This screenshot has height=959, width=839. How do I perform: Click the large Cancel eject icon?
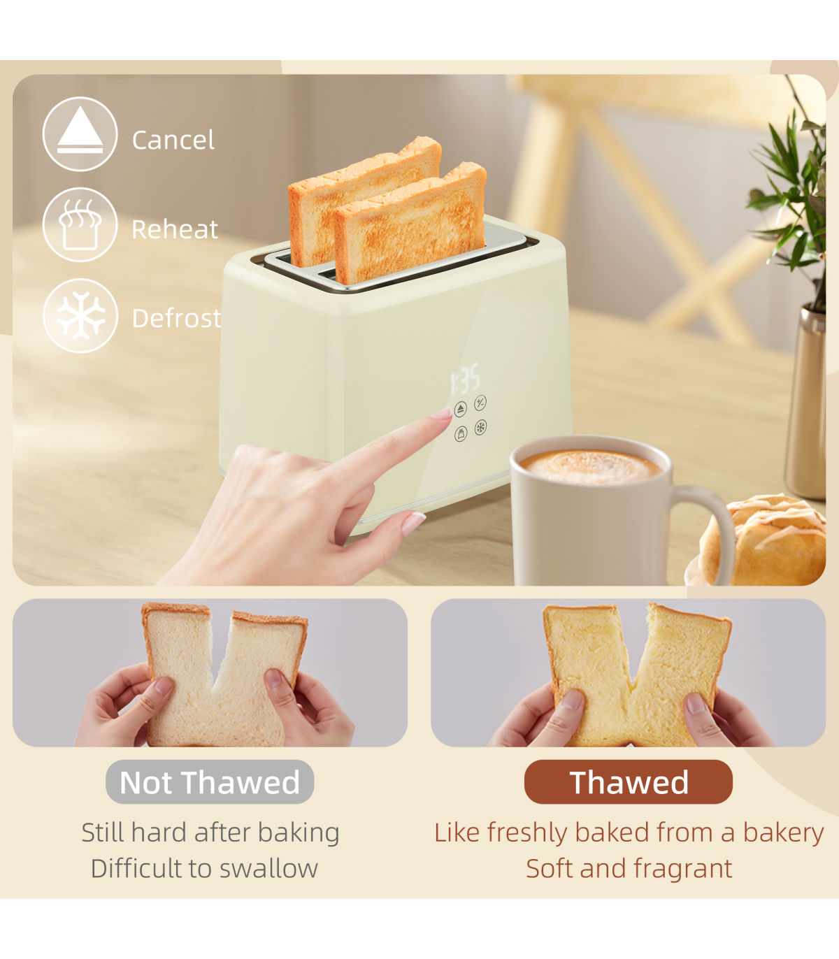80,134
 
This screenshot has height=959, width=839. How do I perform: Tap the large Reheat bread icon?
80,224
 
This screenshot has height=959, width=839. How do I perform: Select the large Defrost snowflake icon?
80,315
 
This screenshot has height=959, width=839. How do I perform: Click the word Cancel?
173,140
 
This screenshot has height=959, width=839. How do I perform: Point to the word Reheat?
174,229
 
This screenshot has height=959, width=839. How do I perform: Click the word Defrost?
176,318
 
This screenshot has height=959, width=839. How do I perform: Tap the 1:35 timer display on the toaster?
464,378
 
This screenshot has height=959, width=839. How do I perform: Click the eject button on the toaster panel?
461,409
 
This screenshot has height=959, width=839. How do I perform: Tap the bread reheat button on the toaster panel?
461,433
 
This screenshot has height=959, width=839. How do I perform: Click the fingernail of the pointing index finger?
442,412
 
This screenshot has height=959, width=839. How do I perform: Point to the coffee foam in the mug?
591,467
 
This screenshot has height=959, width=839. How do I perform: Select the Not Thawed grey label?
210,782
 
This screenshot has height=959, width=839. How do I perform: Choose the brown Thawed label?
629,782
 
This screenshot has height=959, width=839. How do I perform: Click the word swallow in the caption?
269,869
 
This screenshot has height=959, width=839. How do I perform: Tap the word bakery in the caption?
783,833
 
